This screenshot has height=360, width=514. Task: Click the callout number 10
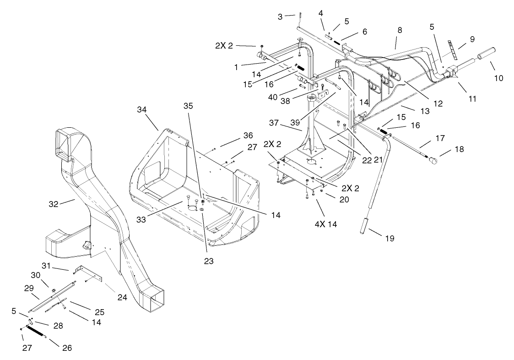point(498,78)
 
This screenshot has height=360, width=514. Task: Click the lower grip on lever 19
point(365,226)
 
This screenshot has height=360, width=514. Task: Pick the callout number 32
point(54,204)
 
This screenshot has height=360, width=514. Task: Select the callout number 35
point(188,105)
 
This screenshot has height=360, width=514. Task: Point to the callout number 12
point(438,104)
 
